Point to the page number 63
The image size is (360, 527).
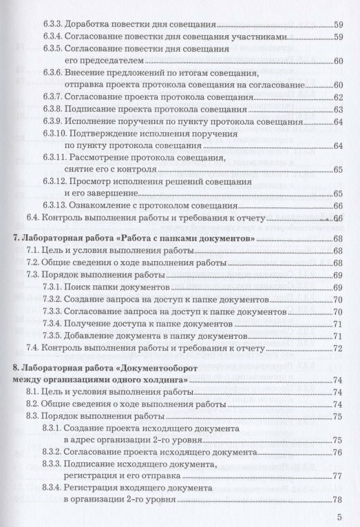pos(337,110)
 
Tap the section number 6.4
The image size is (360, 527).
pos(34,218)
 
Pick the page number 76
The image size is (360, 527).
pos(337,452)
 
